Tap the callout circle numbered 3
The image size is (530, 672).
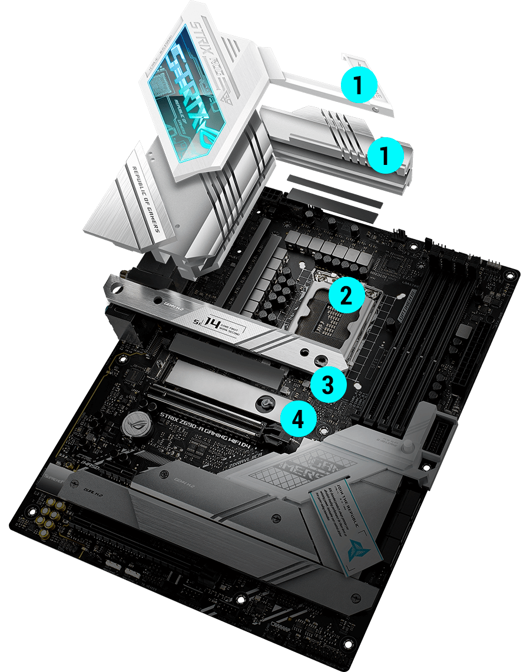click(329, 385)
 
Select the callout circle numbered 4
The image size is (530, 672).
click(299, 419)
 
